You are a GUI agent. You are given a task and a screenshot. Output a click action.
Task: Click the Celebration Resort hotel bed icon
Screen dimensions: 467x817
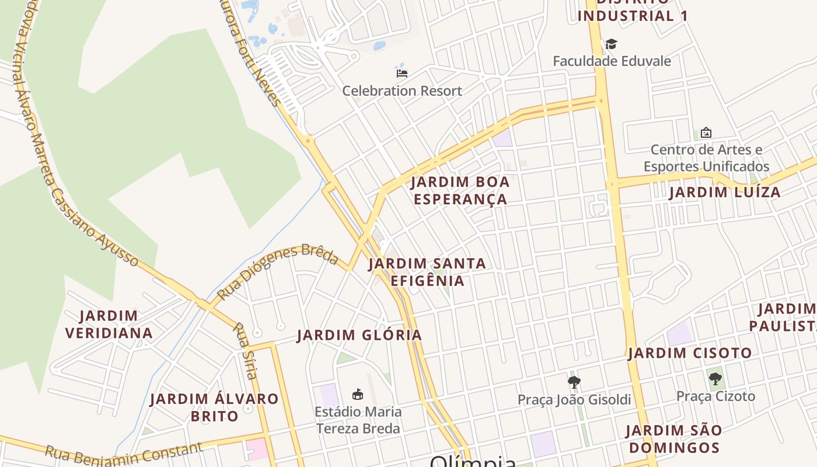(x=401, y=73)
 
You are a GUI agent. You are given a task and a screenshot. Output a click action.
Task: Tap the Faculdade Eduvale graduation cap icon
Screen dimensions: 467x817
(x=611, y=44)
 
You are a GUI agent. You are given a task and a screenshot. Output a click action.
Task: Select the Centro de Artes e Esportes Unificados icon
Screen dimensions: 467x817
(x=706, y=133)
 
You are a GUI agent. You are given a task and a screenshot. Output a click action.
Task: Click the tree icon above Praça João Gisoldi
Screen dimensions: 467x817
(x=574, y=382)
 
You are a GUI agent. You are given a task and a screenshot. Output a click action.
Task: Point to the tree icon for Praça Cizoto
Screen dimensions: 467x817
(x=715, y=379)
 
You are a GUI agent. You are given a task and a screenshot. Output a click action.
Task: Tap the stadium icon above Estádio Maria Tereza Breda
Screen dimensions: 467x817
(x=358, y=395)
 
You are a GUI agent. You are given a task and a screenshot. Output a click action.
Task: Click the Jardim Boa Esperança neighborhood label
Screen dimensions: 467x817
(x=460, y=190)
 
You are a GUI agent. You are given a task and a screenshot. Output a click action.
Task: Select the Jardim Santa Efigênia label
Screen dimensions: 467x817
(x=427, y=272)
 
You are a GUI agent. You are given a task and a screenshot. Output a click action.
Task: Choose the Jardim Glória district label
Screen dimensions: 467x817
(x=359, y=335)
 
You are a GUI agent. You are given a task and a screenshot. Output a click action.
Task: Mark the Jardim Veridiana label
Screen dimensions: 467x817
(x=109, y=325)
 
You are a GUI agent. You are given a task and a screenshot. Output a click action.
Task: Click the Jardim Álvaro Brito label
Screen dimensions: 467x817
(x=214, y=407)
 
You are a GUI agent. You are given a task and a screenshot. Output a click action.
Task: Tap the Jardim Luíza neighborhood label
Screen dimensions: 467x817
(x=724, y=192)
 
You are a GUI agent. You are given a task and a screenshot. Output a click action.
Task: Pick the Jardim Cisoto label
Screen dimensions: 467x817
(x=690, y=353)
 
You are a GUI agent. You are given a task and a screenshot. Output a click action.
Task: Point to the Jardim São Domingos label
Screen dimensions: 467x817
(x=673, y=439)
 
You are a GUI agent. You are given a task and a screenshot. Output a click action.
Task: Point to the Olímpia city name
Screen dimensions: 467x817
(x=473, y=461)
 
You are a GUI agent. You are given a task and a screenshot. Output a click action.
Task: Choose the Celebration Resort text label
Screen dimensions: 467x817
(x=401, y=91)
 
